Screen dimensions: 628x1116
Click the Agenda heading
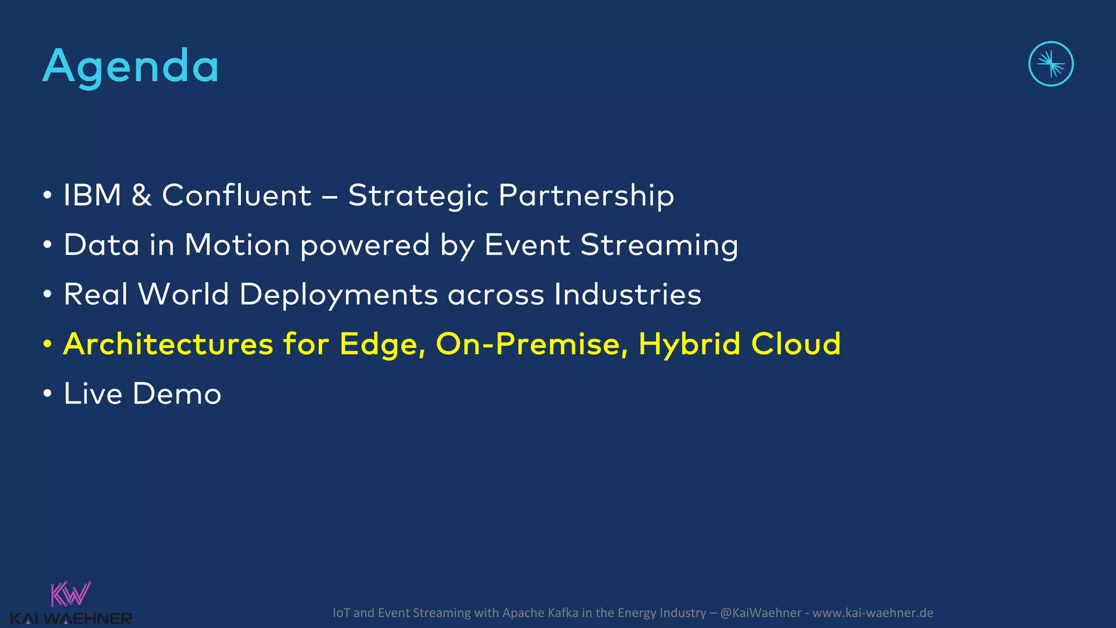pos(131,67)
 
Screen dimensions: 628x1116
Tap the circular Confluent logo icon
pos(1051,64)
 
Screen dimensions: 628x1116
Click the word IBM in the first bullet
pos(92,195)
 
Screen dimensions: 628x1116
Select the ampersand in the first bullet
pos(142,195)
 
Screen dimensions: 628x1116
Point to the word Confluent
pos(236,195)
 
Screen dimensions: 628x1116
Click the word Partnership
pos(586,195)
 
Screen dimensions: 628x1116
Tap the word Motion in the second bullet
pos(237,245)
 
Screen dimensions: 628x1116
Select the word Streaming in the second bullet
pos(659,245)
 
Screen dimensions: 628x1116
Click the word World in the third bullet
pos(184,294)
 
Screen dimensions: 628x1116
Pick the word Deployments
pos(338,294)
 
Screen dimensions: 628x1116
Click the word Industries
pos(627,294)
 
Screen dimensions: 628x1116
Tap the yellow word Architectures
pos(168,344)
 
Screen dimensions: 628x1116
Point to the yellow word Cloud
pos(796,344)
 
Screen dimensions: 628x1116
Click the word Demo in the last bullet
pos(177,394)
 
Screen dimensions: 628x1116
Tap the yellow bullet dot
pos(48,345)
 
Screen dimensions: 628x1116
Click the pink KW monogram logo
pos(70,594)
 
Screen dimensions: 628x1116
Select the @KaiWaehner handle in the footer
pos(760,613)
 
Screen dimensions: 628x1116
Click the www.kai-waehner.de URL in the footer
pos(872,613)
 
